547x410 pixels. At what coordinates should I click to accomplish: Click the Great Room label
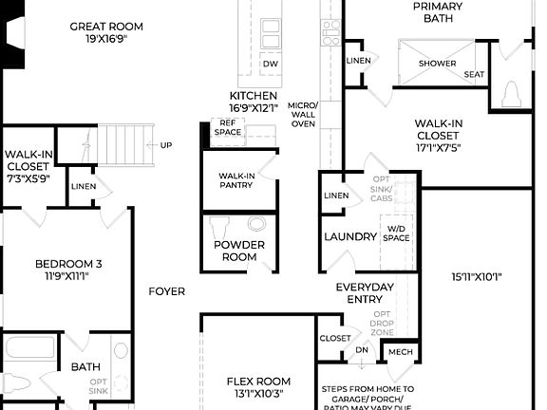click(106, 26)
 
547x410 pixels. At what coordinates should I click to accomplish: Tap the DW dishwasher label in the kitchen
click(271, 64)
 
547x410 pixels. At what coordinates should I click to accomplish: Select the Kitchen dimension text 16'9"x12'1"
click(254, 109)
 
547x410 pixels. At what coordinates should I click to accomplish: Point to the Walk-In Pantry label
click(237, 180)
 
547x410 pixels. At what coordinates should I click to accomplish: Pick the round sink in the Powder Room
click(256, 225)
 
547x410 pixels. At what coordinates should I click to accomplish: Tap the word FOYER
click(167, 291)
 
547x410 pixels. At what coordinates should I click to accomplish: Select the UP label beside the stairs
click(166, 145)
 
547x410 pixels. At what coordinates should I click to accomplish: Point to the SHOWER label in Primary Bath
click(438, 64)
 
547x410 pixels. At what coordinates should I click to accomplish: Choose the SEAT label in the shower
click(474, 75)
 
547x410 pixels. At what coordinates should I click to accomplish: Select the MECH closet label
click(399, 352)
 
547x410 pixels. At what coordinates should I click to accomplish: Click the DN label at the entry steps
click(361, 350)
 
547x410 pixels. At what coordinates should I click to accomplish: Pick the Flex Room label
click(257, 386)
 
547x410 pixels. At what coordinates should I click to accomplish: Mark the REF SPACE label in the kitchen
click(228, 127)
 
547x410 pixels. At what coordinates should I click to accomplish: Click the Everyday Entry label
click(365, 292)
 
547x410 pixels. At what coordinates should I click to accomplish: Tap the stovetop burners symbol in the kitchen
click(330, 33)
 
